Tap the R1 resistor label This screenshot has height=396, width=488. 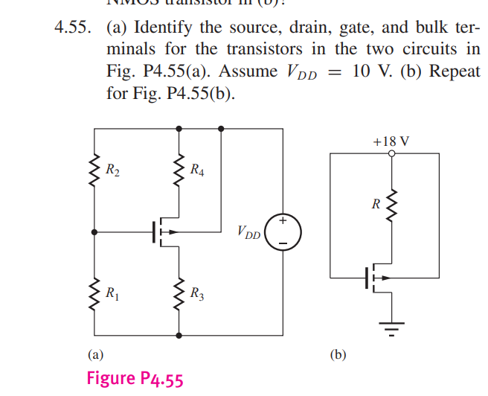click(x=112, y=293)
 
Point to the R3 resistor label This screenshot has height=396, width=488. click(x=198, y=293)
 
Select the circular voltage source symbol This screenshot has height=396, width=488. click(x=283, y=231)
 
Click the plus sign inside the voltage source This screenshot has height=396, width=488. click(x=283, y=220)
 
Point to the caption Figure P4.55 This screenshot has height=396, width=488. click(x=135, y=378)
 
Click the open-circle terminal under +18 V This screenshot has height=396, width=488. click(x=391, y=153)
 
